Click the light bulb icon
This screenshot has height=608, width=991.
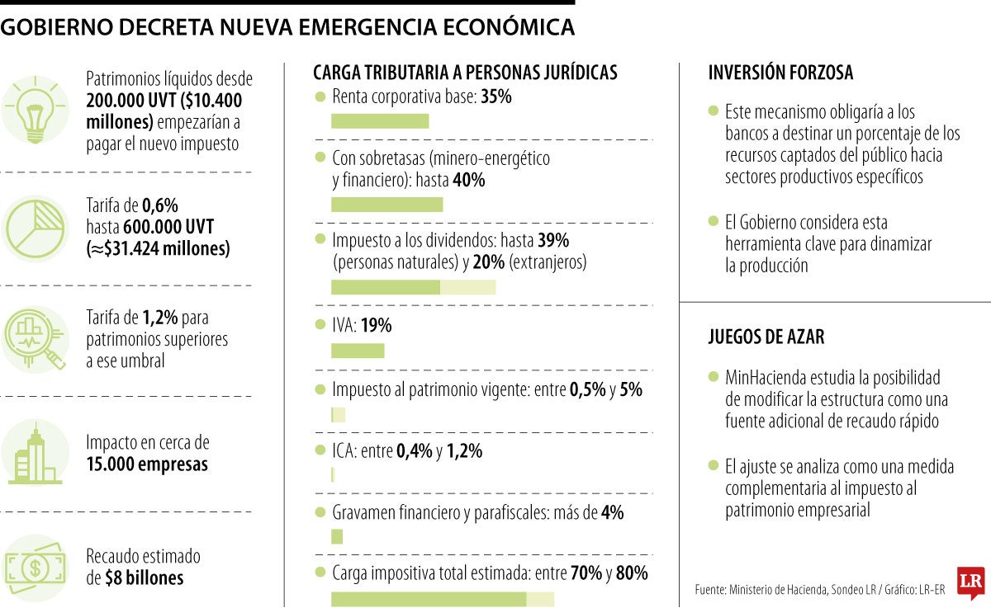(x=35, y=110)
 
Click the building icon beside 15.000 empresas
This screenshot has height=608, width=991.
(x=35, y=453)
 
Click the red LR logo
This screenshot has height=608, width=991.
(x=969, y=582)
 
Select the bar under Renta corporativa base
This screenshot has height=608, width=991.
(x=380, y=121)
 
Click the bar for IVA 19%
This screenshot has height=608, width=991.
(x=358, y=351)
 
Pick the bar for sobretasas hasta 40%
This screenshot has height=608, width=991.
(x=386, y=205)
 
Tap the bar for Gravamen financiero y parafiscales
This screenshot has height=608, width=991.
(x=337, y=537)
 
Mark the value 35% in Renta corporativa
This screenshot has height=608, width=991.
(x=496, y=97)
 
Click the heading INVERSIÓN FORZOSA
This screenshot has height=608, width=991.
(x=780, y=73)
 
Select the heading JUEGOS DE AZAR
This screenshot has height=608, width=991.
(x=766, y=337)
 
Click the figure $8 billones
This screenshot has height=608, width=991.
(x=145, y=577)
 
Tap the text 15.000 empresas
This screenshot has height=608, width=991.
(x=147, y=464)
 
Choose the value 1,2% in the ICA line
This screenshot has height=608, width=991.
(x=464, y=451)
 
